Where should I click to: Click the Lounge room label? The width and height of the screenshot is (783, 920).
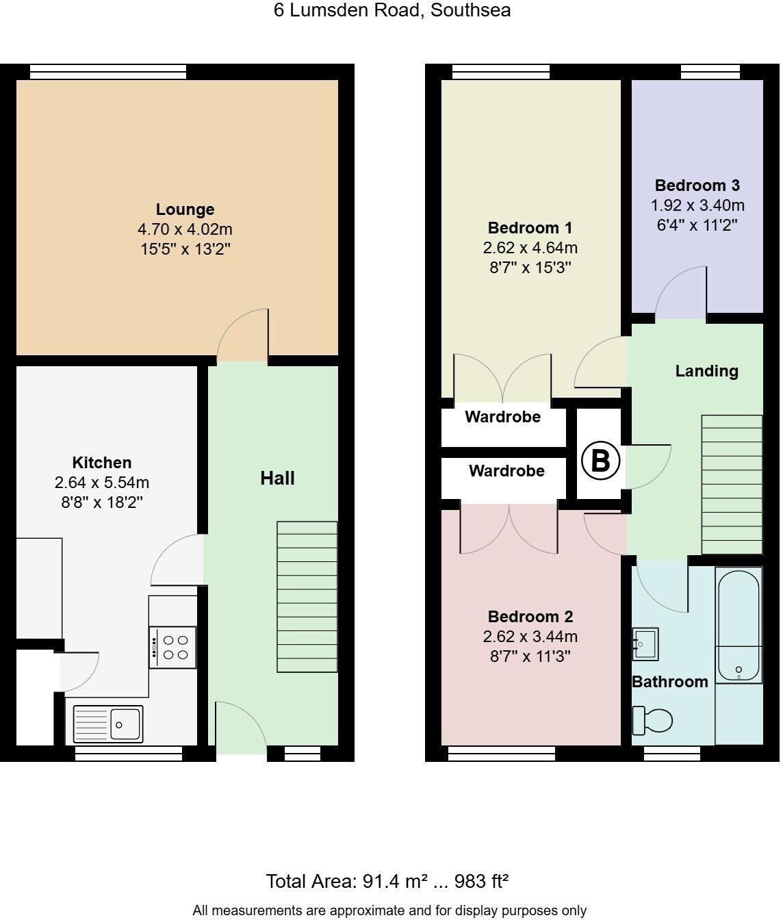click(x=185, y=209)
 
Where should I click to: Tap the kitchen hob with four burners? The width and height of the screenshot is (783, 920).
click(x=173, y=648)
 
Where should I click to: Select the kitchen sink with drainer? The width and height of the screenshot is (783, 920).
click(x=108, y=724)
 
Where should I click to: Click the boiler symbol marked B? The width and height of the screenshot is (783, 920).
click(x=600, y=460)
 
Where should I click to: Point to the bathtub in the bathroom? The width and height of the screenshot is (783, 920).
click(x=739, y=624)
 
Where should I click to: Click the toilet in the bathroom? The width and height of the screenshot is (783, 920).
click(x=654, y=719)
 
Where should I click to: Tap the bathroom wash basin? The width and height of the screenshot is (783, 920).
click(x=645, y=644)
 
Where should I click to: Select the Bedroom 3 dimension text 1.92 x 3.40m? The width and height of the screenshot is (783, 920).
click(x=697, y=205)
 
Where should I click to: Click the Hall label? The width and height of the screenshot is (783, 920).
click(x=277, y=478)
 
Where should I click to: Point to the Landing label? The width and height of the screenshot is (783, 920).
click(x=706, y=371)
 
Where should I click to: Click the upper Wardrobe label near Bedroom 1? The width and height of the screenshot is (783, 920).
click(x=502, y=417)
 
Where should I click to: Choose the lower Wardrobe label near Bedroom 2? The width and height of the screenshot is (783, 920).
click(x=506, y=471)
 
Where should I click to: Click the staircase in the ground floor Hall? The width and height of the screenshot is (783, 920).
click(x=307, y=597)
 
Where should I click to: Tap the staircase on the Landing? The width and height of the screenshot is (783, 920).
click(x=732, y=485)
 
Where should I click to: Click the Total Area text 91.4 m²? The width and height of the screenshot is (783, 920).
click(x=387, y=881)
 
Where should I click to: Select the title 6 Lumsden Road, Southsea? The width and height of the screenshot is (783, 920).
click(x=392, y=10)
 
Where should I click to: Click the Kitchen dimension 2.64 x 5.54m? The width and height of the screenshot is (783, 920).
click(x=102, y=483)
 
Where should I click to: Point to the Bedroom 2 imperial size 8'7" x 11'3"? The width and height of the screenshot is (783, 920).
click(x=530, y=656)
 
